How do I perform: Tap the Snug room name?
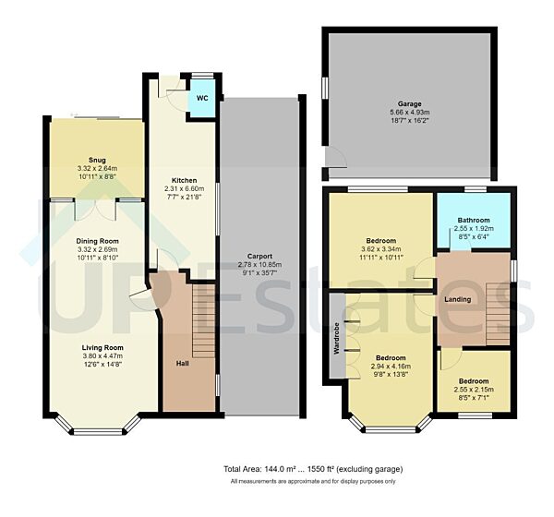97,160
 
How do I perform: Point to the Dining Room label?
97,240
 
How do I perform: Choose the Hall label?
183,363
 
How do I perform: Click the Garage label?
410,104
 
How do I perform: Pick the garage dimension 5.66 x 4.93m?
410,114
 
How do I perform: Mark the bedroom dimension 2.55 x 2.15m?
475,389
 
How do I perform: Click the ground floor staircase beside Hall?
202,314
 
